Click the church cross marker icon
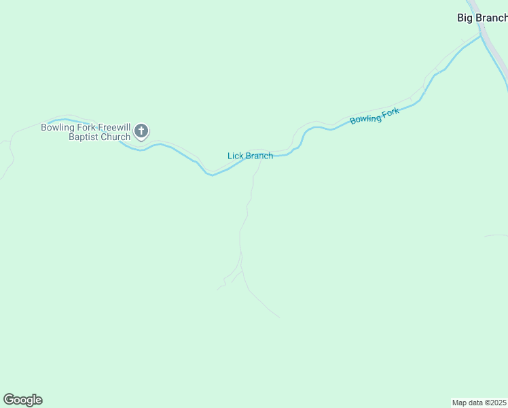pos(141,131)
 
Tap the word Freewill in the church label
pos(113,127)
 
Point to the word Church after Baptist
pos(115,137)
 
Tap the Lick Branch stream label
pos(250,156)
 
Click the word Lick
pos(235,156)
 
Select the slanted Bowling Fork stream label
pos(374,116)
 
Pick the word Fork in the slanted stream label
pos(391,112)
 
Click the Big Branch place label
pos(482,18)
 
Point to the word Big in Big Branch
pos(465,18)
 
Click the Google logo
pos(22,400)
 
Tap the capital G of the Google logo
pos(9,400)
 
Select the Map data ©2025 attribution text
pos(479,403)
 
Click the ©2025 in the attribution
pos(496,403)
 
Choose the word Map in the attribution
pos(460,403)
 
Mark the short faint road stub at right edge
pos(497,236)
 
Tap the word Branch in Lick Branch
pos(259,156)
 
